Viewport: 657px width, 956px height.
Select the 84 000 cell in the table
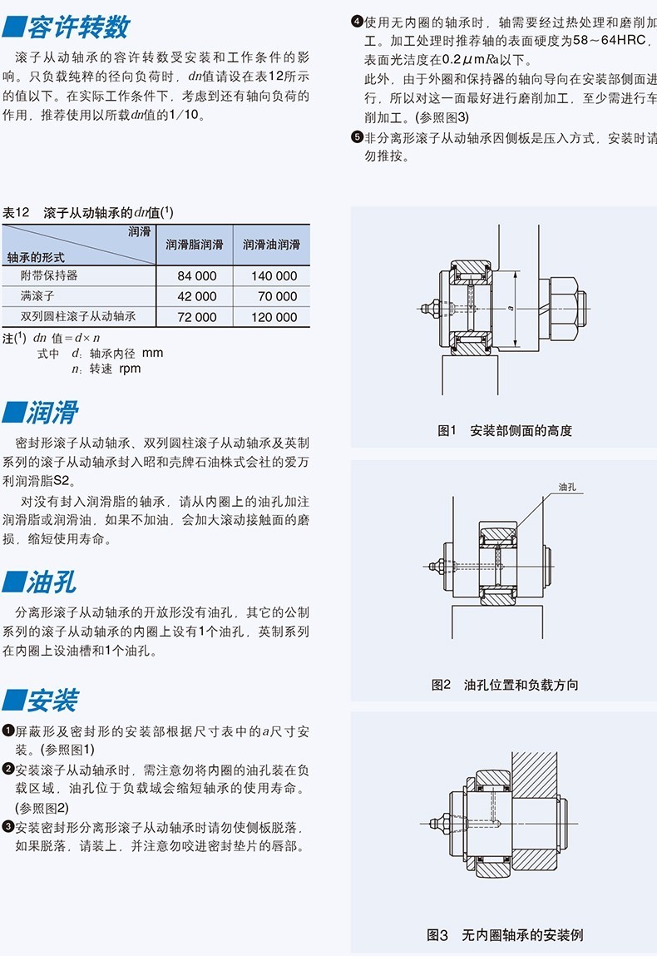(197, 275)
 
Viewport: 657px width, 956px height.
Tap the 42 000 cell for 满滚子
(197, 296)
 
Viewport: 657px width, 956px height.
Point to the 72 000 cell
(197, 317)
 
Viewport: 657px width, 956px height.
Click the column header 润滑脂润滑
(195, 245)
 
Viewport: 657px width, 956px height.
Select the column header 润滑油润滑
(271, 245)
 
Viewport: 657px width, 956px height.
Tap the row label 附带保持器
(49, 275)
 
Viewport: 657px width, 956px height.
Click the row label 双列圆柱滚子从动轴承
(78, 317)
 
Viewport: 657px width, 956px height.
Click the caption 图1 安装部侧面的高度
(505, 430)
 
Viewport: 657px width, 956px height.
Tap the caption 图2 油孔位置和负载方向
(505, 685)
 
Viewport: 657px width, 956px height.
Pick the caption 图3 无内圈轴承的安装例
(505, 934)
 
